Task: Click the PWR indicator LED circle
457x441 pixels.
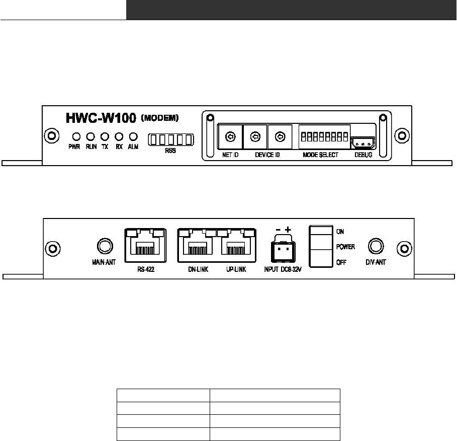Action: click(76, 136)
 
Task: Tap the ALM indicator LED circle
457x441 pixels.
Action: click(133, 136)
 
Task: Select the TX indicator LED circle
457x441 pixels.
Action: click(105, 136)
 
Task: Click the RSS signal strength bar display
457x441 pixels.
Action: click(171, 139)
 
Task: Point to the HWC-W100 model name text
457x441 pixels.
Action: click(101, 119)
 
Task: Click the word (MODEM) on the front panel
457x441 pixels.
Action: click(160, 118)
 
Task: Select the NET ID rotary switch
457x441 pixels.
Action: click(230, 136)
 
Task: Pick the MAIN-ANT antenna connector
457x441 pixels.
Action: click(104, 247)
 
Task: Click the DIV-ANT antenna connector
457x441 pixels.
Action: click(376, 247)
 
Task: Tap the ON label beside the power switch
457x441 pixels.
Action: click(341, 232)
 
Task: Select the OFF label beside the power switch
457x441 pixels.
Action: click(341, 262)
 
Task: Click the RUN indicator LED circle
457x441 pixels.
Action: click(90, 136)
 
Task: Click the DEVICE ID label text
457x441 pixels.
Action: click(267, 155)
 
